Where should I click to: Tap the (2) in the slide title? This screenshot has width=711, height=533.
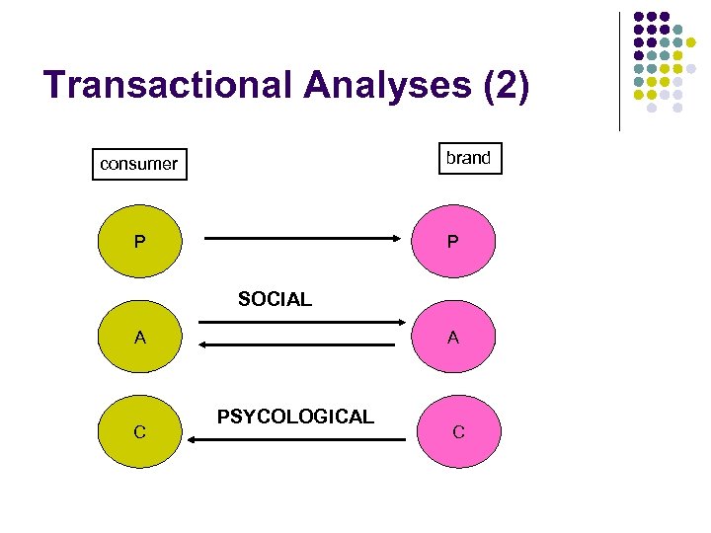pos(507,86)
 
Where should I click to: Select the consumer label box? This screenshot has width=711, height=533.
pos(138,164)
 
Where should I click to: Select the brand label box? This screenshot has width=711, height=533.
pos(468,158)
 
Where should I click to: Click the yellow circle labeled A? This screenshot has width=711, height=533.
pos(141,338)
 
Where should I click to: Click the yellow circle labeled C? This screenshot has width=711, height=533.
pos(141,431)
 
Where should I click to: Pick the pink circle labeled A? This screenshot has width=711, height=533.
pos(452,338)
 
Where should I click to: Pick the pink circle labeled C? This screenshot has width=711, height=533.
pos(458,431)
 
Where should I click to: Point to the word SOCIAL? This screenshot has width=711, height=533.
pos(275,299)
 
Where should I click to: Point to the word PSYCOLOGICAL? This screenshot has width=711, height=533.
pos(295,417)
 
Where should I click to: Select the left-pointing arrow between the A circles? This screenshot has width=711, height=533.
pos(302,343)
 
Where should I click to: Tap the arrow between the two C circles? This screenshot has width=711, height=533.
pos(296,439)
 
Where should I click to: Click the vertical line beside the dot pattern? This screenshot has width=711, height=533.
pos(619,71)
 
